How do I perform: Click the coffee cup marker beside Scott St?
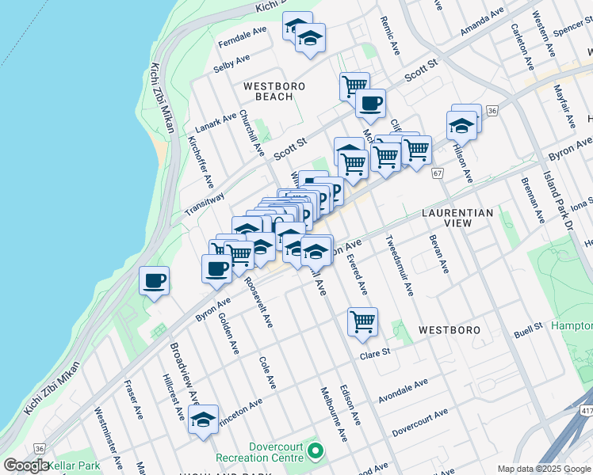370,102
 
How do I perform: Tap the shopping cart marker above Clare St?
362,321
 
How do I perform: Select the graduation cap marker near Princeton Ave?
204,420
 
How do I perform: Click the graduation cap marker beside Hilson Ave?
461,125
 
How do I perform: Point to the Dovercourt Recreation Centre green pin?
316,452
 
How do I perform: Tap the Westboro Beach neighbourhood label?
268,91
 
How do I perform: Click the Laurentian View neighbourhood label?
457,218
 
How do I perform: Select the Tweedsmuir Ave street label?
400,265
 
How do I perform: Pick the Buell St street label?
526,325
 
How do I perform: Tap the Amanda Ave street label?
482,22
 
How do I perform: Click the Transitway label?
205,203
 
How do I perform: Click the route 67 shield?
437,173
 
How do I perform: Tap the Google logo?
26,465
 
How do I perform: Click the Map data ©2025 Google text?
543,469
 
